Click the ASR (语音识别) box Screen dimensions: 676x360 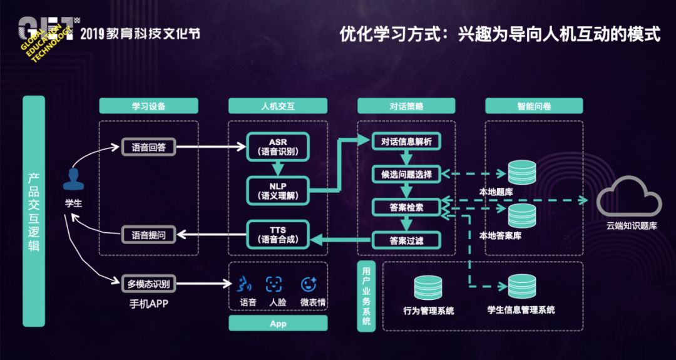point(278,147)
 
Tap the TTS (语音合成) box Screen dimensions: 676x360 point(278,234)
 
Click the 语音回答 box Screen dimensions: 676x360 point(149,148)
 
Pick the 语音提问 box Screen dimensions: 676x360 point(149,234)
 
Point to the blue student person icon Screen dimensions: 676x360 point(73,179)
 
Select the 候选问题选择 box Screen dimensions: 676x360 point(406,174)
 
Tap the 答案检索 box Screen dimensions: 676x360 point(406,207)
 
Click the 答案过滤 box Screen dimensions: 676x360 point(406,240)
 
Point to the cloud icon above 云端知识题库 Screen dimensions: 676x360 point(629,198)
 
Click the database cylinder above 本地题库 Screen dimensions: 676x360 point(521,172)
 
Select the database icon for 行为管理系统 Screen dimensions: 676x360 point(428,287)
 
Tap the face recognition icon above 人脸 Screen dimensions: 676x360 point(274,284)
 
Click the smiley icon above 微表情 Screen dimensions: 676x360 point(309,284)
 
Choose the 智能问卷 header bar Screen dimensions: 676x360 point(534,106)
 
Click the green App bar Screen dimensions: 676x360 point(278,323)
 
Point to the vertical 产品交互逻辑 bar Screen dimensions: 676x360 point(34,211)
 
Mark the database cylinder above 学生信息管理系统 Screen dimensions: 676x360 point(521,287)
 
